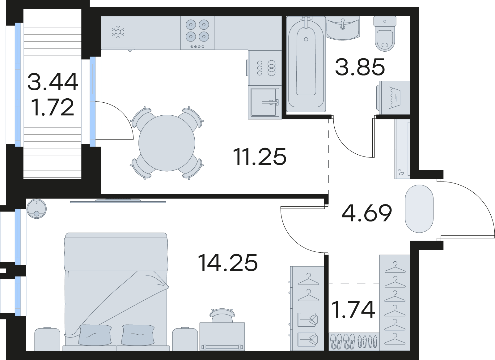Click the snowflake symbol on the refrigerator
[x=118, y=32]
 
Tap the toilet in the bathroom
[x=385, y=34]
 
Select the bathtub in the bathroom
[x=306, y=64]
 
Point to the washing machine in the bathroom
[x=393, y=97]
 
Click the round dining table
[x=167, y=143]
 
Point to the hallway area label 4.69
[x=367, y=213]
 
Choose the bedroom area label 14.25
[x=228, y=263]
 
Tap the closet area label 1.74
[x=353, y=310]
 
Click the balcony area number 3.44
[x=53, y=82]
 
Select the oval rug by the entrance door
[x=419, y=209]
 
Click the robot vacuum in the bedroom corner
[x=36, y=209]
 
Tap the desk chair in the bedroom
[x=222, y=315]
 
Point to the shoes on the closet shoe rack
[x=353, y=341]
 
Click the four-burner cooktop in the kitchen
[x=197, y=33]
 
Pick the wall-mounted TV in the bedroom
[x=118, y=201]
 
